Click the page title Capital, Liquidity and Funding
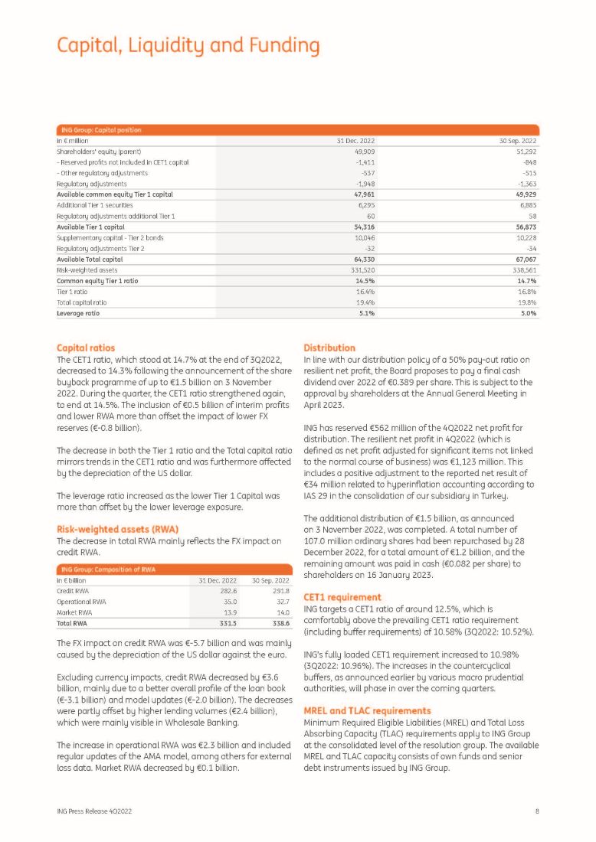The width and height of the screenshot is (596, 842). coord(188,45)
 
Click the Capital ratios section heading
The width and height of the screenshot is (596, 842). coord(87,348)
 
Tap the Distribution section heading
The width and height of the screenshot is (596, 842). coord(329,348)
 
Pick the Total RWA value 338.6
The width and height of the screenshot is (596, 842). coord(277,623)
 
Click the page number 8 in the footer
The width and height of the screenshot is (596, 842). coord(537,809)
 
